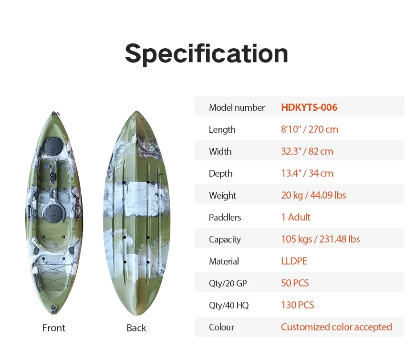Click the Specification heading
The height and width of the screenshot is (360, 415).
click(x=207, y=53)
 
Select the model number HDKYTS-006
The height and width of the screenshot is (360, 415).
click(x=309, y=107)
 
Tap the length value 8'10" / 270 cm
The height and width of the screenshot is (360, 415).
click(x=309, y=129)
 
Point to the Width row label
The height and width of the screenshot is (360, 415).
click(x=220, y=151)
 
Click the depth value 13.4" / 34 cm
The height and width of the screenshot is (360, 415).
click(x=307, y=173)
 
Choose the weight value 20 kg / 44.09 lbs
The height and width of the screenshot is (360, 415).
click(x=313, y=195)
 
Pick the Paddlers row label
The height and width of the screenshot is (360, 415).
click(x=225, y=217)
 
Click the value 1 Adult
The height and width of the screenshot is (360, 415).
click(x=296, y=217)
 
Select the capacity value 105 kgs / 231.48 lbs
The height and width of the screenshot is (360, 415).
click(x=320, y=239)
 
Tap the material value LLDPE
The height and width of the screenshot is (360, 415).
click(x=294, y=261)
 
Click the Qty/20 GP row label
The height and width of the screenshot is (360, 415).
click(x=228, y=283)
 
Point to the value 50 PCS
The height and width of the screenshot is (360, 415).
click(x=295, y=283)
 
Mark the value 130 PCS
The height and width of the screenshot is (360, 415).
click(x=297, y=305)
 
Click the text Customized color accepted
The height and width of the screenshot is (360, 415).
click(x=336, y=327)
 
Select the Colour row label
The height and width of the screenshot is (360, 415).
click(x=221, y=327)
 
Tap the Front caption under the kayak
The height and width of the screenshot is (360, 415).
click(x=54, y=328)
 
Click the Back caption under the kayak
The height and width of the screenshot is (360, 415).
click(x=136, y=328)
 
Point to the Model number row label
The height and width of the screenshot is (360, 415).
click(x=237, y=107)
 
